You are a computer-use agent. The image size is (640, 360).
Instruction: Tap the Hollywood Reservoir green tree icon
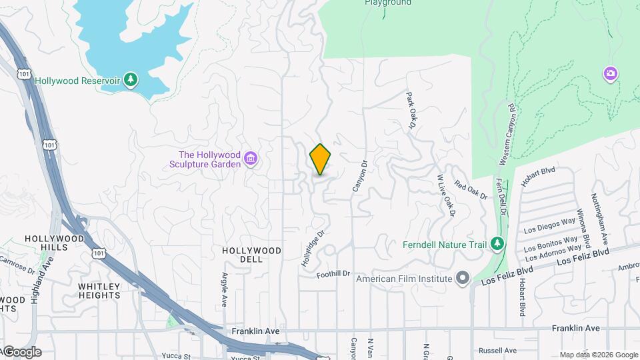pos(132,80)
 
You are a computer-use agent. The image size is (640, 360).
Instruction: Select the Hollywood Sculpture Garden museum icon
pos(251,159)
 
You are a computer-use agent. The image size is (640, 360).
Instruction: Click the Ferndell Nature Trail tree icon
pos(497,243)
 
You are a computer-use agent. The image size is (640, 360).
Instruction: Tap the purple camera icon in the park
pos(610,74)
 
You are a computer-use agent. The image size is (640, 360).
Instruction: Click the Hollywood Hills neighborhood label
pos(55,243)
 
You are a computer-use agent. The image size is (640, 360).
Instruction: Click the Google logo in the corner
pos(21,352)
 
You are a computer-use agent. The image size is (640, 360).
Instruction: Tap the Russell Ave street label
pos(497,351)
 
